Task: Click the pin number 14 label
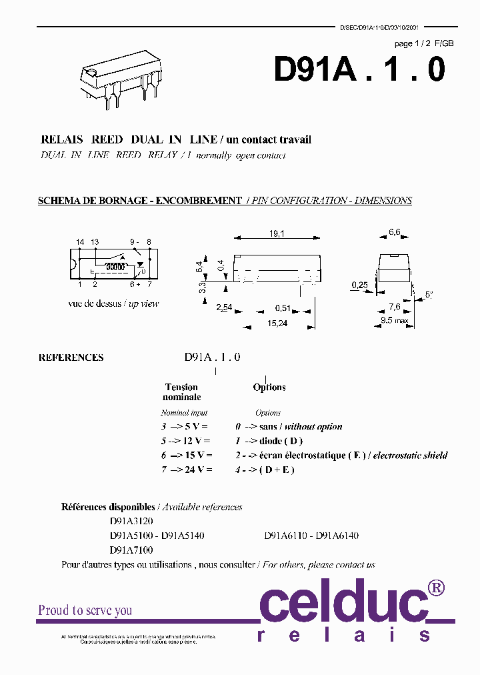[x=80, y=241]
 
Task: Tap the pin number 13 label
[x=95, y=241]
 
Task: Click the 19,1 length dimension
[x=277, y=233]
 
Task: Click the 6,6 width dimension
[x=395, y=233]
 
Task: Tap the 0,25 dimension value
[x=359, y=285]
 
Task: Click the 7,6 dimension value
[x=395, y=307]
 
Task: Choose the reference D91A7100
[x=131, y=550]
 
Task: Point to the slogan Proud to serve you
[x=85, y=610]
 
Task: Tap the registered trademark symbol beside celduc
[x=435, y=587]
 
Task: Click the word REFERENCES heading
[x=71, y=358]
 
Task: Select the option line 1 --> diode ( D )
[x=269, y=441]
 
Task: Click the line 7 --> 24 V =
[x=186, y=470]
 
